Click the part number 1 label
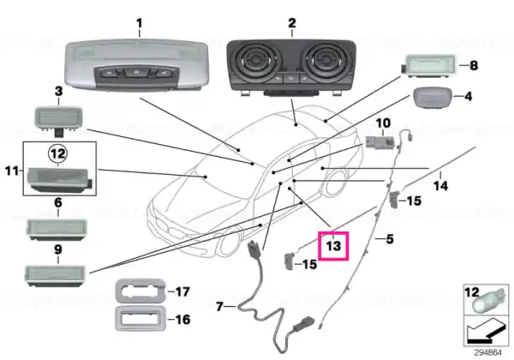pyautogui.click(x=140, y=23)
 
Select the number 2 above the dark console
pyautogui.click(x=292, y=23)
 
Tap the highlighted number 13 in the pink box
pyautogui.click(x=333, y=246)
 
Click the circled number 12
pyautogui.click(x=58, y=153)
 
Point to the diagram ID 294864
pyautogui.click(x=487, y=353)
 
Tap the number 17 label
pyautogui.click(x=182, y=291)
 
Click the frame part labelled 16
pyautogui.click(x=140, y=318)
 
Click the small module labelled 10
pyautogui.click(x=380, y=142)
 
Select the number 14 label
pyautogui.click(x=440, y=186)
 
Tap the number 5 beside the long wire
pyautogui.click(x=390, y=239)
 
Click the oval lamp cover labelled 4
pyautogui.click(x=433, y=97)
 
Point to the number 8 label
pyautogui.click(x=474, y=65)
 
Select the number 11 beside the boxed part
pyautogui.click(x=12, y=171)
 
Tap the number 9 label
pyautogui.click(x=57, y=249)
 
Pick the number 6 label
pyautogui.click(x=57, y=202)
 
